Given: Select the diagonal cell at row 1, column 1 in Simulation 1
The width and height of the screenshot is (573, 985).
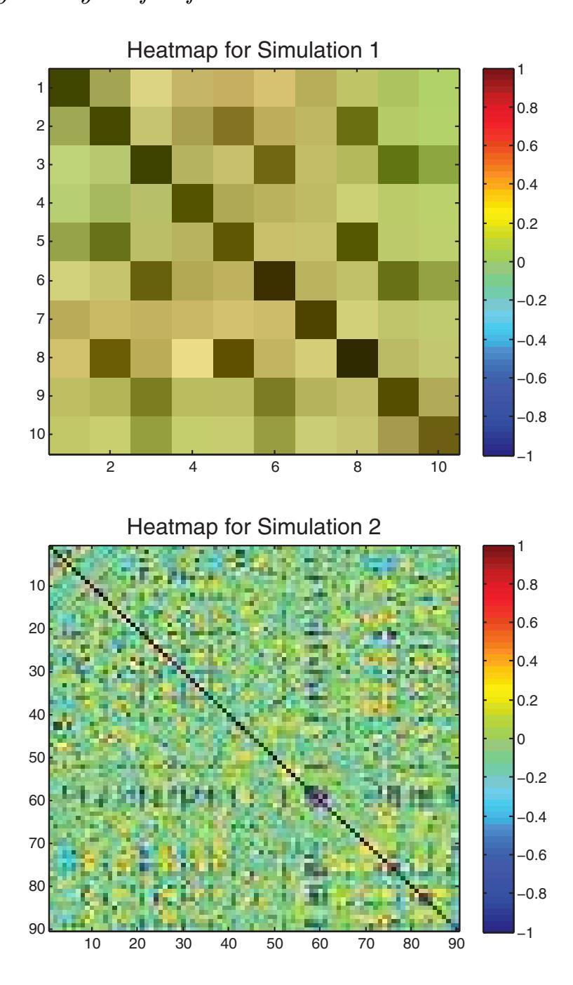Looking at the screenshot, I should coord(69,88).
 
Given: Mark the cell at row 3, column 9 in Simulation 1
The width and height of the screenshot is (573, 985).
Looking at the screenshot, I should coord(398,164).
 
